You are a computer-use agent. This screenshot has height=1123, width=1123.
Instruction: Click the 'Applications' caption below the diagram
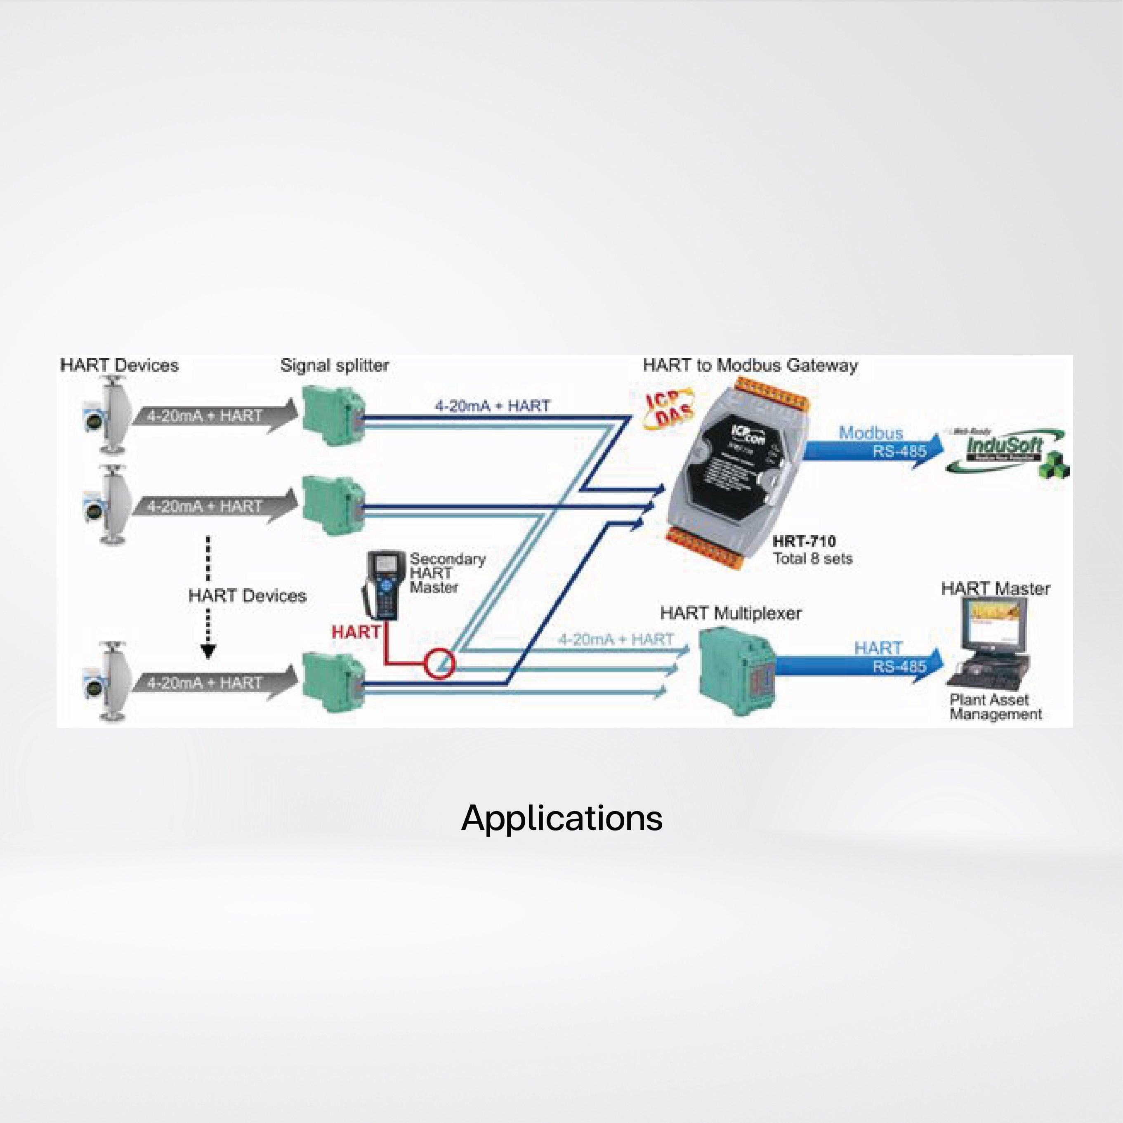tap(561, 819)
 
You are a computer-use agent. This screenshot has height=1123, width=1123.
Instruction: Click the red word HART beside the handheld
tap(356, 632)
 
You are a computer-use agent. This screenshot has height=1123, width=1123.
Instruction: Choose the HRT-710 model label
tap(804, 542)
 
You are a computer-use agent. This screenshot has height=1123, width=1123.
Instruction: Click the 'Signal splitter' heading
tap(334, 366)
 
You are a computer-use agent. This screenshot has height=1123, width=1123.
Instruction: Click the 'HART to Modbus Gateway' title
tap(750, 366)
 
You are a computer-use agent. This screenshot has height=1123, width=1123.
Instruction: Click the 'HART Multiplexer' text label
tap(730, 613)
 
